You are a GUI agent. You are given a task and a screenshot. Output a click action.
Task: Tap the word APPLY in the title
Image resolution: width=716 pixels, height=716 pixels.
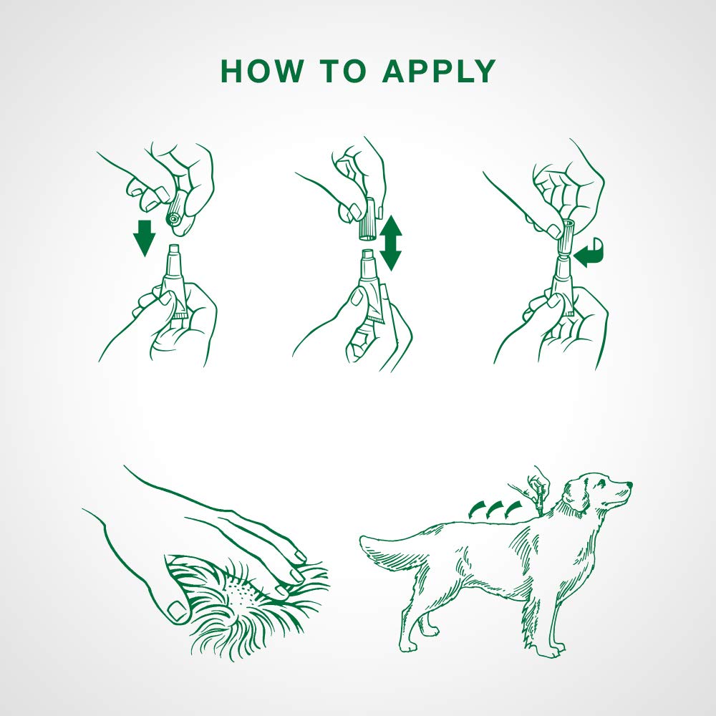click(438, 71)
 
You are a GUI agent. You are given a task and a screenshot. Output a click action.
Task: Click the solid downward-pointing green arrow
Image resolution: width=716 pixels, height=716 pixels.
click(145, 237)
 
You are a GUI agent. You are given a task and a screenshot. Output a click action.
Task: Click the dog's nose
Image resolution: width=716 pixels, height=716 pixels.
click(630, 484)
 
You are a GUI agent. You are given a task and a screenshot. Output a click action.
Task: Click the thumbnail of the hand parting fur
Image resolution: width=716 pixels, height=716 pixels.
click(176, 610)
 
